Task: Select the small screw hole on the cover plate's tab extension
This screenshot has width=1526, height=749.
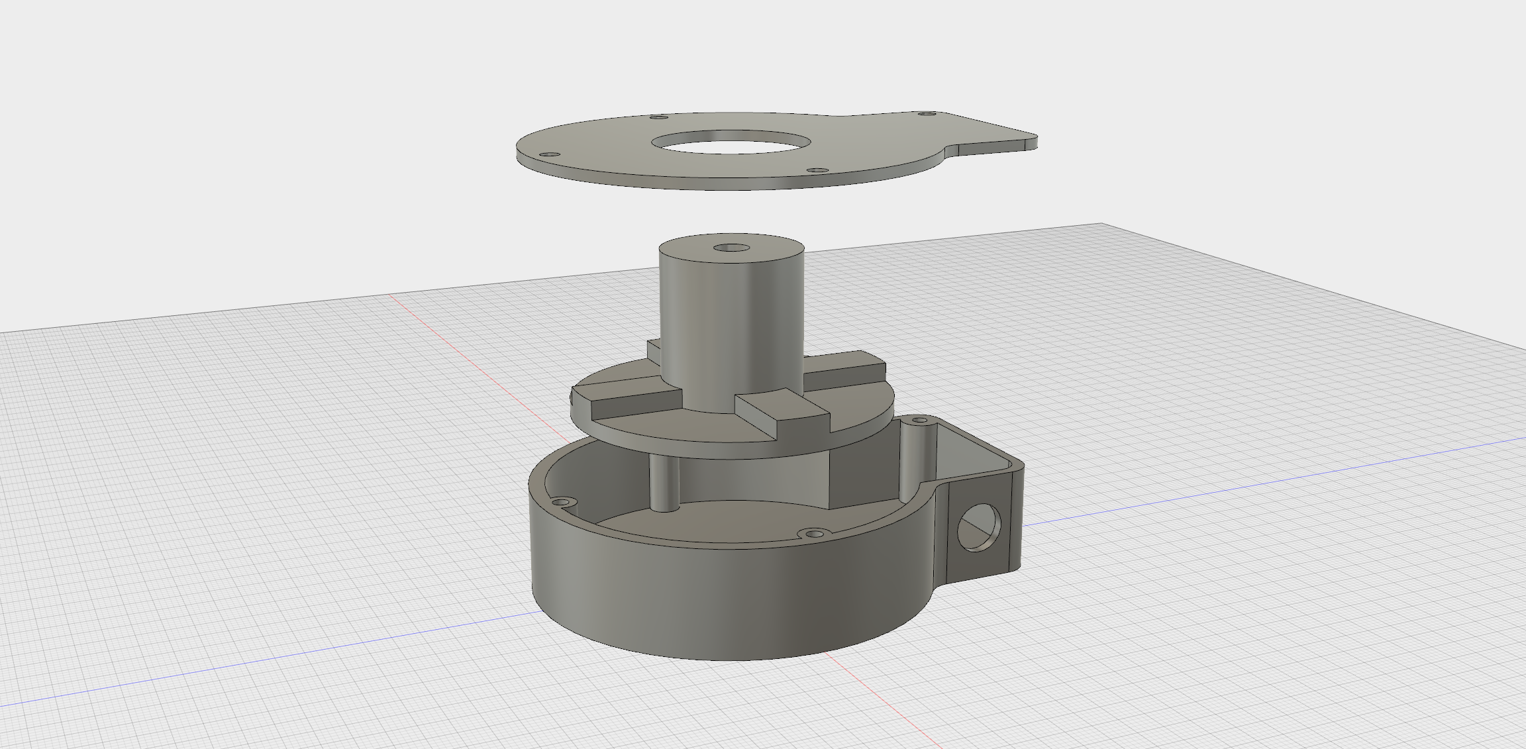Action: pyautogui.click(x=927, y=114)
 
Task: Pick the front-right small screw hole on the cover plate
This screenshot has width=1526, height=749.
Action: pyautogui.click(x=817, y=170)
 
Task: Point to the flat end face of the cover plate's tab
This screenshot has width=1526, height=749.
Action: pyautogui.click(x=1030, y=142)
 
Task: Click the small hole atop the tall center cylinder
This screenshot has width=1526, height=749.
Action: pyautogui.click(x=731, y=248)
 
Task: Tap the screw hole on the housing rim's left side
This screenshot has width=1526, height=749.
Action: pyautogui.click(x=564, y=501)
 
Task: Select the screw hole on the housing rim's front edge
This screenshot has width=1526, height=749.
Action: pyautogui.click(x=814, y=533)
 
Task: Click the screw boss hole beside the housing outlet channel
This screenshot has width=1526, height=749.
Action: pyautogui.click(x=921, y=420)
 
